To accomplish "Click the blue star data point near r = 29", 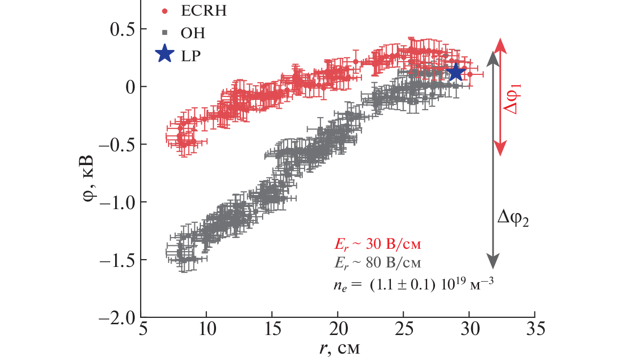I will click(x=456, y=72).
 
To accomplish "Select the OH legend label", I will click(x=193, y=33).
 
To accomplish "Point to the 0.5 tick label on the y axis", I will click(x=120, y=29).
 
